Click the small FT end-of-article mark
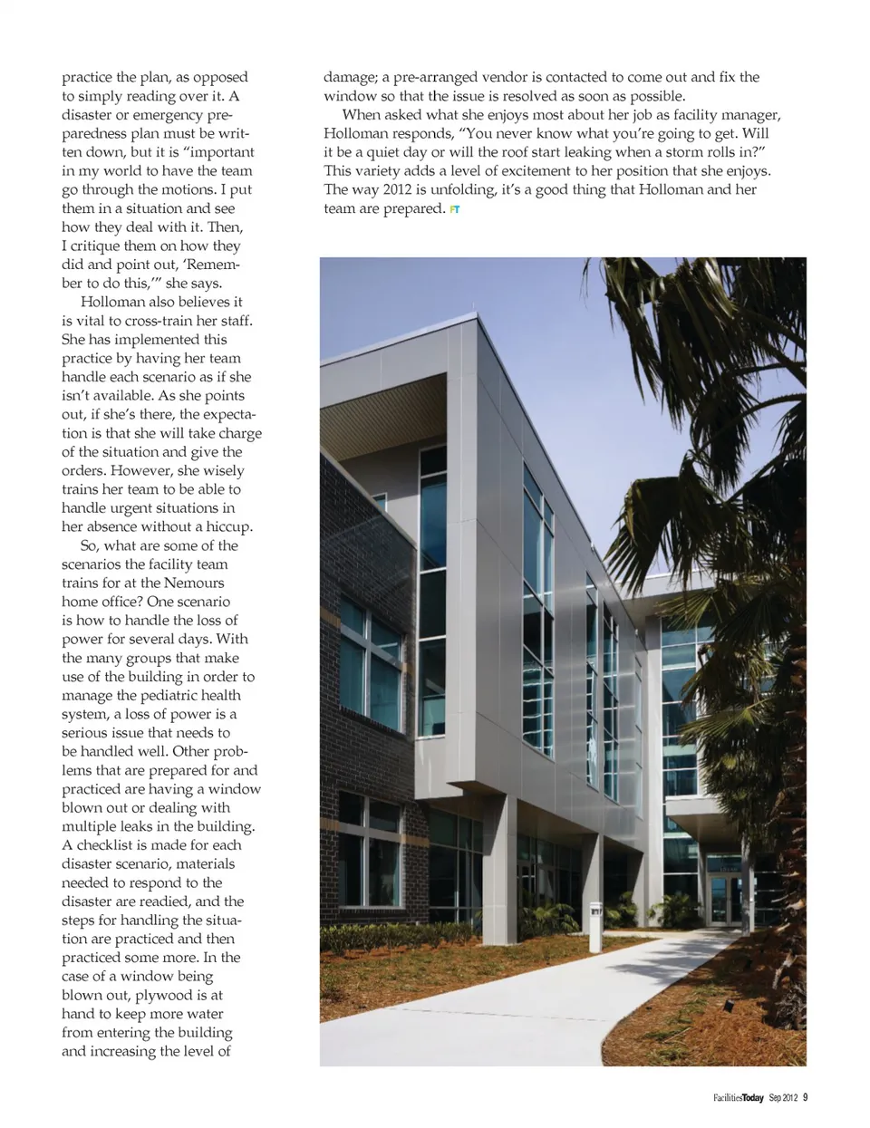tap(455, 209)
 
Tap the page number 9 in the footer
tap(806, 1097)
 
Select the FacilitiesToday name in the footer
tap(738, 1098)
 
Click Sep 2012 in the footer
tap(783, 1098)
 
